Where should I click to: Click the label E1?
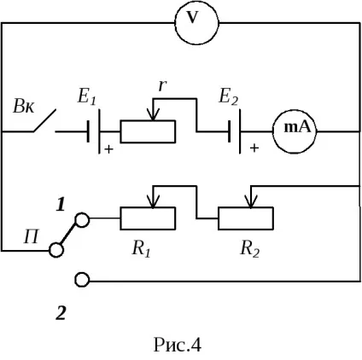coord(87,96)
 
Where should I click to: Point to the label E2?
coord(228,96)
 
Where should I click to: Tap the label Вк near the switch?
coord(24,107)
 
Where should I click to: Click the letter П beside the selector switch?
coord(31,236)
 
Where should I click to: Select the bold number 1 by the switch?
coord(61,205)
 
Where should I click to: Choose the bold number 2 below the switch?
coord(61,313)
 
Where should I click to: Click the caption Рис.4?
coord(178,345)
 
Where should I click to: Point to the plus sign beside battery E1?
coord(108,149)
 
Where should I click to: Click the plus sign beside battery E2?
coord(254,148)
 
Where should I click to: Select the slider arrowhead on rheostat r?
coord(154,114)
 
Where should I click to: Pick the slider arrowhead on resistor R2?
coord(250,201)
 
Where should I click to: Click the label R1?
coord(141,249)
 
